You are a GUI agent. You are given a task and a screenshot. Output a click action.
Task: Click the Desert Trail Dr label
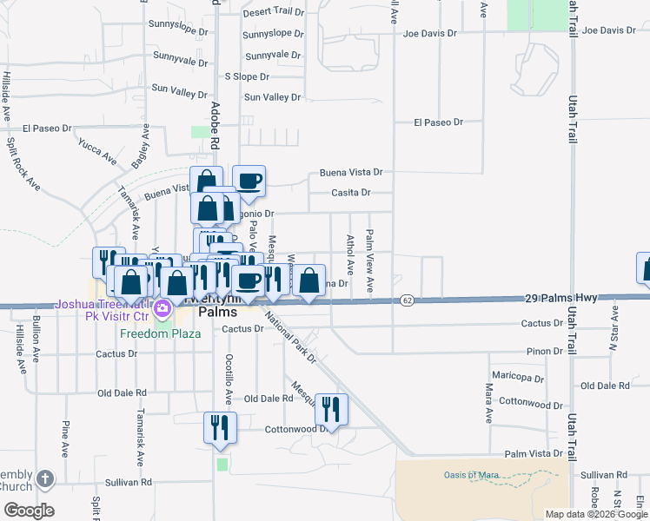click(273, 13)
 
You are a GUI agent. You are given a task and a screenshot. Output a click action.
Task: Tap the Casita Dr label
click(352, 193)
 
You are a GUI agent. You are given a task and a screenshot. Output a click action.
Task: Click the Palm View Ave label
click(370, 260)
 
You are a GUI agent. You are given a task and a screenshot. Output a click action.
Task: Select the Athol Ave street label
click(351, 254)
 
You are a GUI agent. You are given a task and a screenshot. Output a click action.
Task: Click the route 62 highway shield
click(407, 300)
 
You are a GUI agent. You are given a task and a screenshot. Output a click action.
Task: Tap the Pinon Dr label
click(544, 351)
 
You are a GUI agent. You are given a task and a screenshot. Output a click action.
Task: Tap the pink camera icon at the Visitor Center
click(162, 307)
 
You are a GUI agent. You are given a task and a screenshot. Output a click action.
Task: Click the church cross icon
click(45, 478)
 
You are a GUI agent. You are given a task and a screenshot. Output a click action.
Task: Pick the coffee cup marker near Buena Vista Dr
click(249, 181)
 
